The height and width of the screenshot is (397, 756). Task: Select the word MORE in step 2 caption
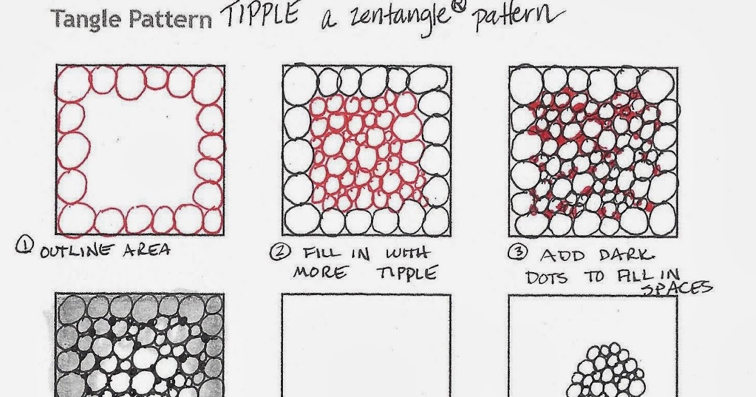[320, 272]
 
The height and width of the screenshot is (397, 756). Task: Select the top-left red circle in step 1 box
[73, 83]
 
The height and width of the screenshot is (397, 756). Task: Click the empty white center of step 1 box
[140, 151]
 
